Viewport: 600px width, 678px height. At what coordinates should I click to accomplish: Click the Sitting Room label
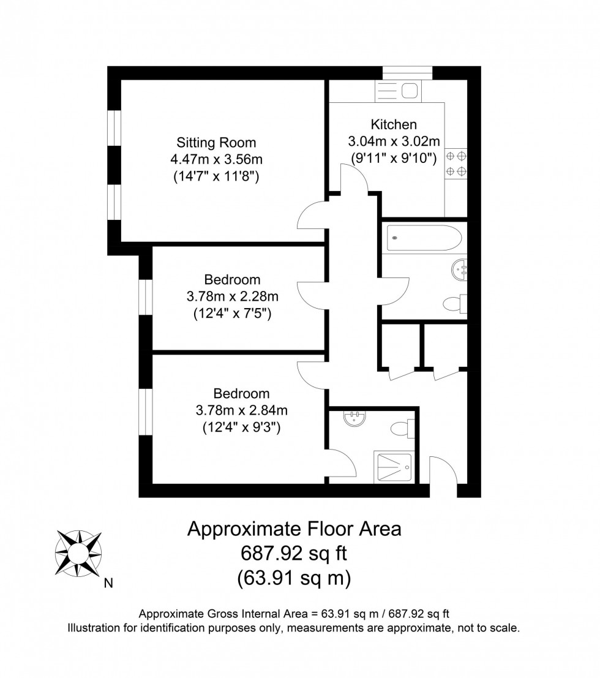tap(216, 143)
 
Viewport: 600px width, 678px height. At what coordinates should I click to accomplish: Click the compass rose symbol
tap(78, 554)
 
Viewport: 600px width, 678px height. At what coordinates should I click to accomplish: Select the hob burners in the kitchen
tap(456, 163)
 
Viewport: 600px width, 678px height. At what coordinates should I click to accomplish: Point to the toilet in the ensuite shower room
tap(405, 428)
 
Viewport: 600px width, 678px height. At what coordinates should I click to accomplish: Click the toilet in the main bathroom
tap(456, 303)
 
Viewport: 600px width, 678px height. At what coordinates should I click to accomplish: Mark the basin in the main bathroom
tap(461, 268)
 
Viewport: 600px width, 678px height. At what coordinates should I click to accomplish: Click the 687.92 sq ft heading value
tap(293, 554)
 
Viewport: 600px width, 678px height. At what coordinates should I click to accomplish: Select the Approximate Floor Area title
tap(294, 528)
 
